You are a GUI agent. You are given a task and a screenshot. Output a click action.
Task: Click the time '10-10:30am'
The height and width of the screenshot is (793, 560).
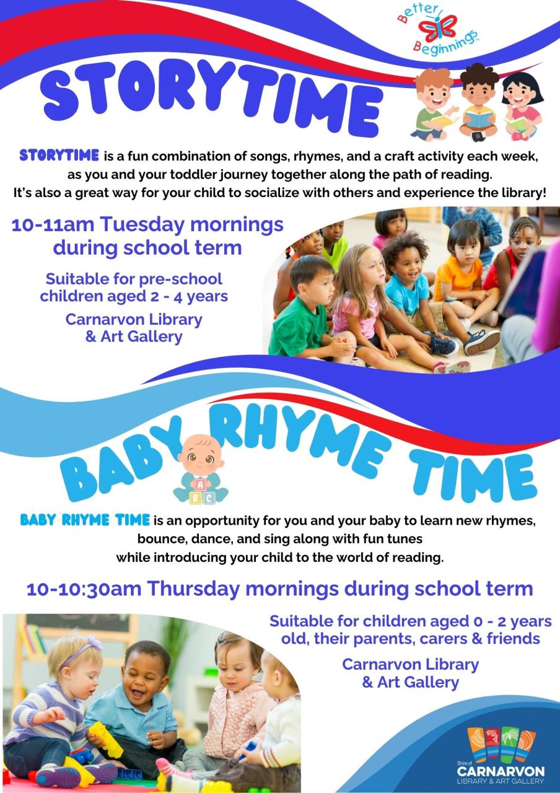pyautogui.click(x=84, y=588)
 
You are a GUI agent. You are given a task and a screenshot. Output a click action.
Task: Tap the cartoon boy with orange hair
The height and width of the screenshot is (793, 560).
pyautogui.click(x=434, y=102)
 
